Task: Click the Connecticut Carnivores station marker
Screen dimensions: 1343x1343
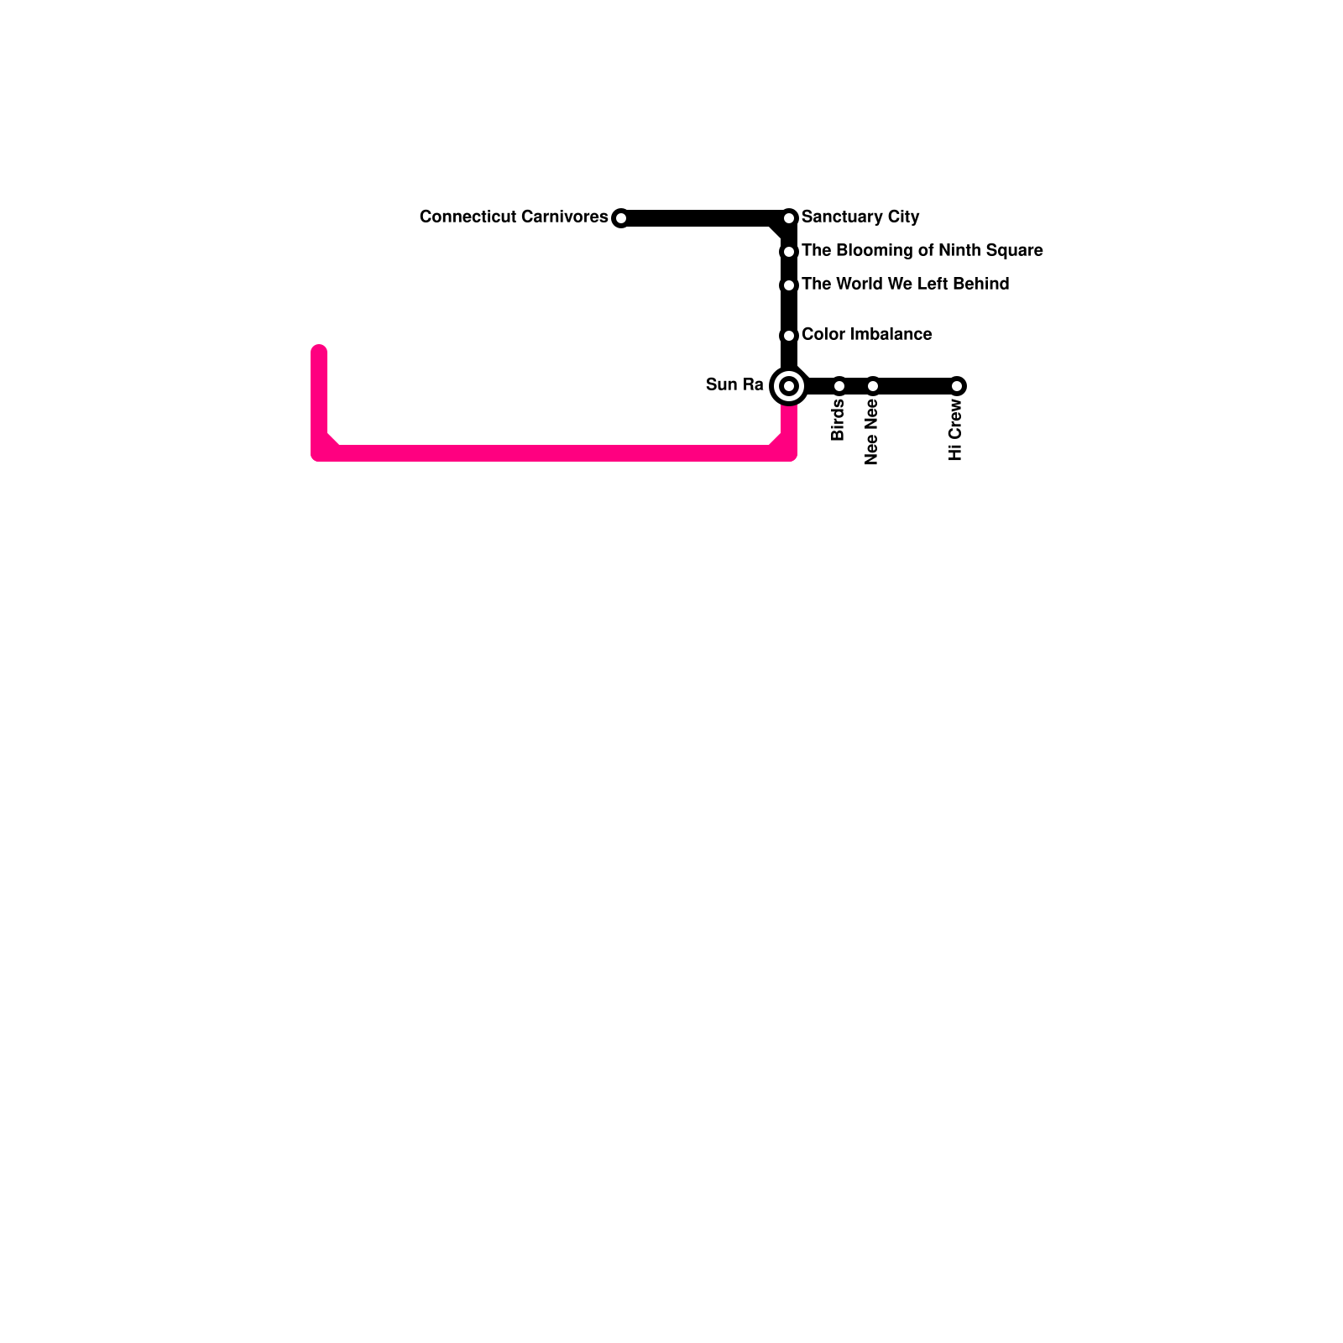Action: pos(620,218)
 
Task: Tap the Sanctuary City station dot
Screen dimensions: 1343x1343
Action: pos(789,218)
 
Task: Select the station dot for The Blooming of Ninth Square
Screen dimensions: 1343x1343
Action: pos(789,252)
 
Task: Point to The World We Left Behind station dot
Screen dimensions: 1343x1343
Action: pos(789,285)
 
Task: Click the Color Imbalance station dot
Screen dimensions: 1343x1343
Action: pos(789,336)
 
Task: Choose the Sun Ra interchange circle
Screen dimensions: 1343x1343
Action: pos(789,386)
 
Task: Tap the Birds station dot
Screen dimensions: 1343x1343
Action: pos(839,386)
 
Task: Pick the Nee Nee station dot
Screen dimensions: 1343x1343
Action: pos(873,386)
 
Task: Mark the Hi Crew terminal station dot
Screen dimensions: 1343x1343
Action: pos(958,386)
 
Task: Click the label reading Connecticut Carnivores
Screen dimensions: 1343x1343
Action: pos(514,217)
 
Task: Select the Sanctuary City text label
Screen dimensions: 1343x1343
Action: pos(860,217)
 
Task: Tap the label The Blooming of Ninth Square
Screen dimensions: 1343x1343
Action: pos(922,251)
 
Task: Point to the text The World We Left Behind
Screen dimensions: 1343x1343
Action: pos(905,285)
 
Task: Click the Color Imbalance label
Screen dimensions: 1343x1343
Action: pos(866,335)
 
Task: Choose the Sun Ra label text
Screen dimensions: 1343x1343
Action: pos(734,385)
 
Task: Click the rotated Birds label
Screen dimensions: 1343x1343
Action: pos(838,421)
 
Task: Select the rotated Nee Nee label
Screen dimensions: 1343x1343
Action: pos(871,432)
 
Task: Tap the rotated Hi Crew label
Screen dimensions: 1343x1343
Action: pos(955,430)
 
